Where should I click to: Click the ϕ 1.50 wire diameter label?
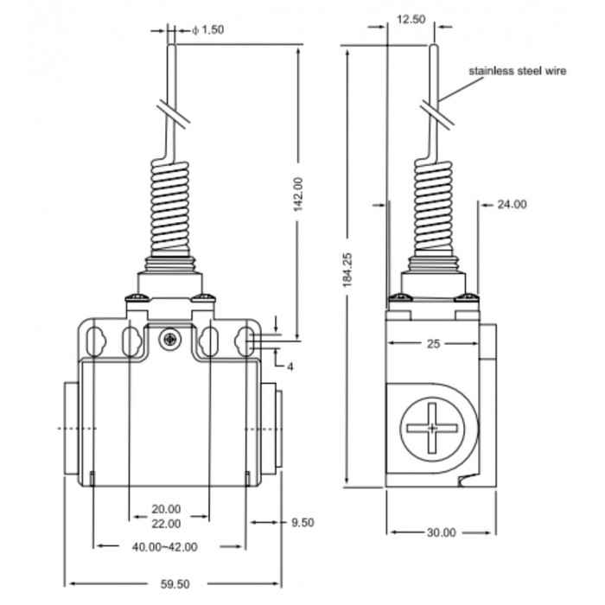(x=207, y=29)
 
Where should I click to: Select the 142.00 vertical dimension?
(x=298, y=194)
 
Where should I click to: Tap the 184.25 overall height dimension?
(x=347, y=270)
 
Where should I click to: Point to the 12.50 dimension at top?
(x=411, y=19)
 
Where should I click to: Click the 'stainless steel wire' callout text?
(x=518, y=71)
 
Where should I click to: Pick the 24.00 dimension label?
(x=512, y=204)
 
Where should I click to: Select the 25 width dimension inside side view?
(x=433, y=343)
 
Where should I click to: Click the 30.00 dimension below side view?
(x=442, y=532)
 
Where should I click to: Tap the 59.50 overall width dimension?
(x=175, y=583)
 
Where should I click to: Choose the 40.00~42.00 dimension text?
(x=165, y=547)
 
